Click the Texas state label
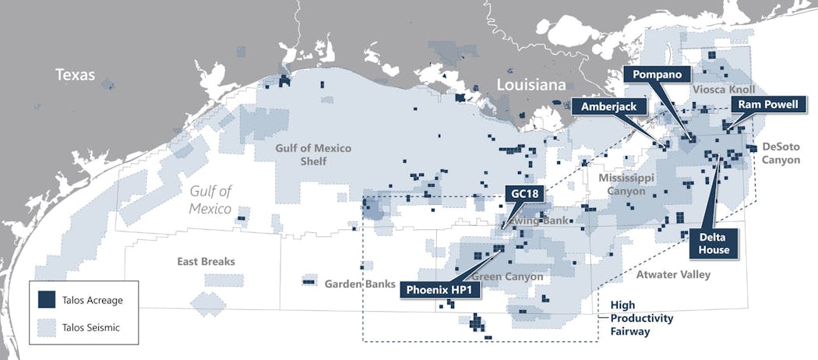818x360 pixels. click(x=75, y=75)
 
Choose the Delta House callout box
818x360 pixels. click(x=714, y=244)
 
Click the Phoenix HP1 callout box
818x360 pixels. click(x=440, y=290)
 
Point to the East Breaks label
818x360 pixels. click(x=206, y=262)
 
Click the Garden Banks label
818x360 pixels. click(x=360, y=284)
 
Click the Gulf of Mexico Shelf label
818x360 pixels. click(x=312, y=154)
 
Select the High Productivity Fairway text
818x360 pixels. click(x=642, y=318)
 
